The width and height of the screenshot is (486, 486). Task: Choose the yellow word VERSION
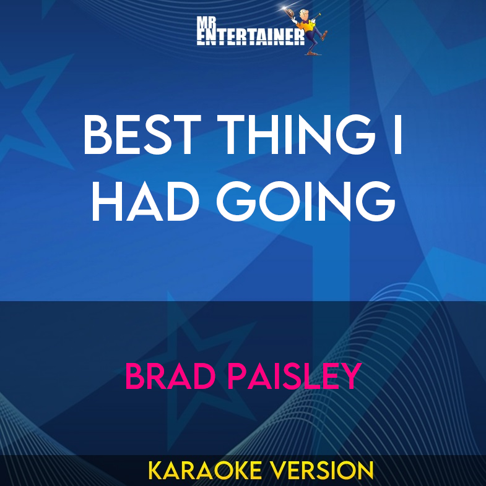[323, 470]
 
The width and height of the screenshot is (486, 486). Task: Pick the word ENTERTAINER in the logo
[250, 38]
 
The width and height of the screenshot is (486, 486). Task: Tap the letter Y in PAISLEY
[350, 376]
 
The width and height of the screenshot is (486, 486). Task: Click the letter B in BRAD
[135, 376]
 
